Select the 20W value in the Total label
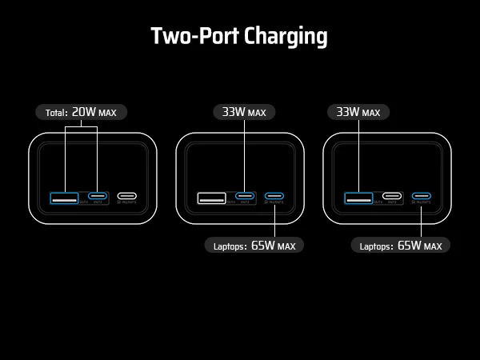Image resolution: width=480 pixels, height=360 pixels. (83, 112)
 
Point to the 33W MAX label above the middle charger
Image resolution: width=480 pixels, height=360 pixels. (244, 112)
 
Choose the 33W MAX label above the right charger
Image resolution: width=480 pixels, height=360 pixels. (358, 112)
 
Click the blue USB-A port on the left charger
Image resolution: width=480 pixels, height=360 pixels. (64, 196)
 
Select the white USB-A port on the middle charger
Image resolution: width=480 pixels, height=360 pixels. (211, 196)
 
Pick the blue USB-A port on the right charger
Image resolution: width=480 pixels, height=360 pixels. (358, 196)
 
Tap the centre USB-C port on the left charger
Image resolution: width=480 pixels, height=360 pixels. (98, 196)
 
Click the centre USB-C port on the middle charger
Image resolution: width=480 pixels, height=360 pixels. (245, 196)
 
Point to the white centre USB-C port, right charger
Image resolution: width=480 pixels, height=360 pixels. (391, 196)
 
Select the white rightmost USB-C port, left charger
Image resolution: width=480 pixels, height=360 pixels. (127, 196)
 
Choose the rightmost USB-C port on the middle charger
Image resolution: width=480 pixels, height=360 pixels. (274, 196)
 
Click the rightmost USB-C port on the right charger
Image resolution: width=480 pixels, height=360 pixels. (421, 196)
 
